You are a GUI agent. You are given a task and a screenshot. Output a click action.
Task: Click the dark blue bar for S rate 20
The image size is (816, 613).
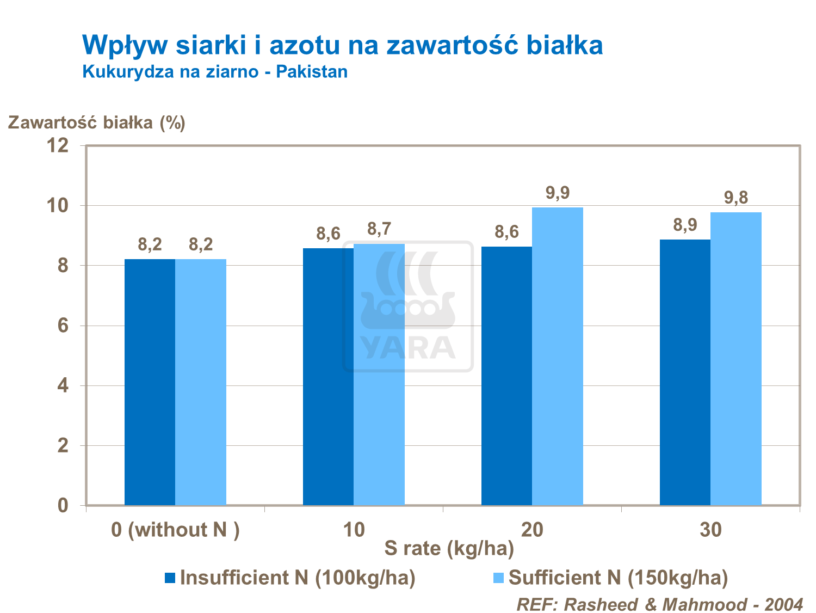tap(506, 376)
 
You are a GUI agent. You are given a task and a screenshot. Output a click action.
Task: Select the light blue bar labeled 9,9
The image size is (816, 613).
tap(558, 356)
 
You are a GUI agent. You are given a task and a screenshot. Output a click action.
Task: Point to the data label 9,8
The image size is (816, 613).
tap(736, 198)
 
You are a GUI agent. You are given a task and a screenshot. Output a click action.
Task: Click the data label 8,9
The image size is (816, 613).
tap(685, 225)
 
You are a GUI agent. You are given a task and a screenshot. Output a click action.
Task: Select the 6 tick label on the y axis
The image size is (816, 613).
tap(63, 326)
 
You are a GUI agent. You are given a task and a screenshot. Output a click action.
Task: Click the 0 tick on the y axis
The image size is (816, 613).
tap(63, 506)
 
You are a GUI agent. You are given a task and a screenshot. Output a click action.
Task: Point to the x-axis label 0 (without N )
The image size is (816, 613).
tap(175, 530)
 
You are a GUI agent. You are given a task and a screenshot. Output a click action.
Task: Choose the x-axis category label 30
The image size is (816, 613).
tap(710, 530)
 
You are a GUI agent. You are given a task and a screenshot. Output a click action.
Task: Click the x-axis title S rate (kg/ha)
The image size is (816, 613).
tap(449, 549)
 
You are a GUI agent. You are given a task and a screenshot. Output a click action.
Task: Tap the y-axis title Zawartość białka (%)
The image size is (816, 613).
tap(96, 122)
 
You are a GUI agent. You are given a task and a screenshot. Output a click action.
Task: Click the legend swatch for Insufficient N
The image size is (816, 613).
tap(170, 578)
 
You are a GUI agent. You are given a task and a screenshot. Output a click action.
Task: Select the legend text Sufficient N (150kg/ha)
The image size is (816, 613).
tap(618, 578)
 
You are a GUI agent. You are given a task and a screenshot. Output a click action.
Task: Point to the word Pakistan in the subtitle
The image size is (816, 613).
tap(312, 71)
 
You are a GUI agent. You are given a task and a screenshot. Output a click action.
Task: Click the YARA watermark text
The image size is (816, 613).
tap(408, 347)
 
